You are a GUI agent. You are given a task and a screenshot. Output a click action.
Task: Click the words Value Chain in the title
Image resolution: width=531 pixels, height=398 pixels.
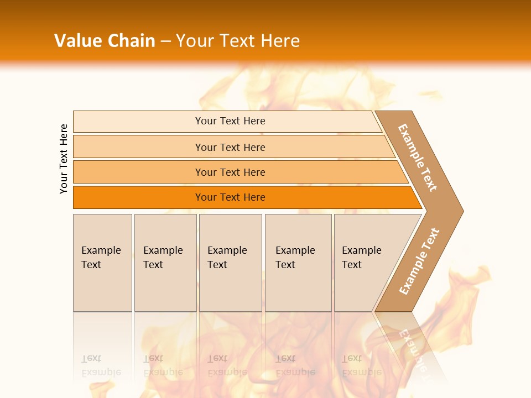[105, 40]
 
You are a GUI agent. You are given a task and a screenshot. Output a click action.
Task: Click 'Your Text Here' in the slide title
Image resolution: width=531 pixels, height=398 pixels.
[238, 40]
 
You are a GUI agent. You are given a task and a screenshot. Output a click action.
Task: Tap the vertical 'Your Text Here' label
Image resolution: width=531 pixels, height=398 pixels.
[64, 159]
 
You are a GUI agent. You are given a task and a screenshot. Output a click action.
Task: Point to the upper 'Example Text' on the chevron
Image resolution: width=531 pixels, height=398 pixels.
[418, 158]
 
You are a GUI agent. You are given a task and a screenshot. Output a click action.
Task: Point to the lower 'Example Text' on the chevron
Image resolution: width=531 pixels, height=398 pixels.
[419, 261]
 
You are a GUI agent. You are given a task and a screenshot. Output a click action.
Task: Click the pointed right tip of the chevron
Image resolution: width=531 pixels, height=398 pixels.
[459, 211]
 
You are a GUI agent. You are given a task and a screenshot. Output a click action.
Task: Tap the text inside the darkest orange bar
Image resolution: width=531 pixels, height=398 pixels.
[230, 197]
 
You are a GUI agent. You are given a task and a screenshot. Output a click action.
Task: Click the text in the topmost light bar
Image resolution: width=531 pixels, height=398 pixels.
[230, 121]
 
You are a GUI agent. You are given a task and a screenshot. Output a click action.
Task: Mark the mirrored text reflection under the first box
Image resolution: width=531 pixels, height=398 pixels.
[101, 365]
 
